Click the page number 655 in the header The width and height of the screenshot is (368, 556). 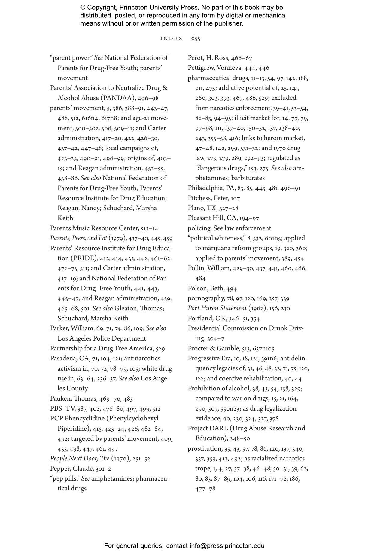pyautogui.click(x=196, y=38)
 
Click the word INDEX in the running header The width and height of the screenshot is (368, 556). pyautogui.click(x=172, y=38)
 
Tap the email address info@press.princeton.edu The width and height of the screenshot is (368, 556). pyautogui.click(x=227, y=546)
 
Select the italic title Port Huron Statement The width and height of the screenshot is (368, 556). pyautogui.click(x=217, y=308)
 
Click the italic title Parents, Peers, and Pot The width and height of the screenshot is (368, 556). pyautogui.click(x=78, y=238)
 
